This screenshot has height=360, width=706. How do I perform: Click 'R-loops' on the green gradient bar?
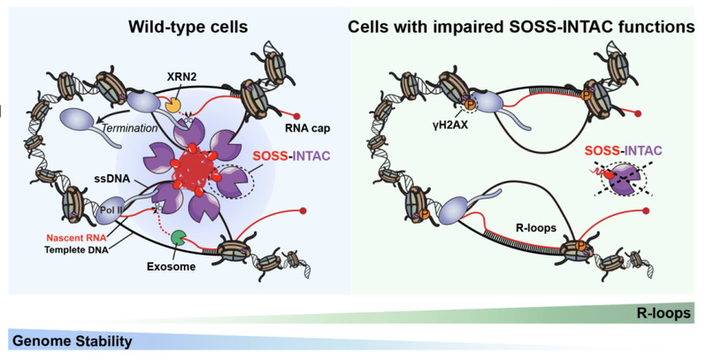pyautogui.click(x=664, y=314)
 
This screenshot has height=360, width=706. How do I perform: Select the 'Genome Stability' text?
pyautogui.click(x=72, y=341)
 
